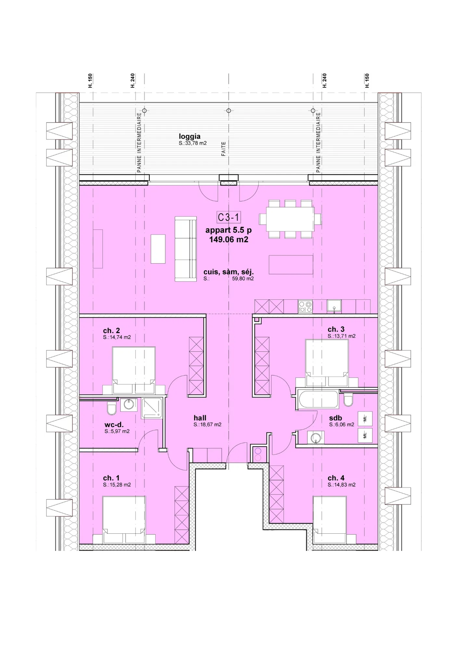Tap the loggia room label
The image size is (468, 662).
pyautogui.click(x=189, y=136)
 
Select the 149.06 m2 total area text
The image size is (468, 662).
pyautogui.click(x=229, y=240)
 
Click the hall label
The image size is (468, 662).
pyautogui.click(x=200, y=418)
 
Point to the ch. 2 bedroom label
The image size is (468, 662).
pyautogui.click(x=111, y=331)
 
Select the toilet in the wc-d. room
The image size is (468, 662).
pyautogui.click(x=111, y=408)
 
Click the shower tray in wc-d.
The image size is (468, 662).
pyautogui.click(x=151, y=408)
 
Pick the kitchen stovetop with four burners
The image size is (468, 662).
pyautogui.click(x=305, y=307)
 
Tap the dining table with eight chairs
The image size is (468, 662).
pyautogui.click(x=290, y=219)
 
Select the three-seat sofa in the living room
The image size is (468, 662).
pyautogui.click(x=186, y=249)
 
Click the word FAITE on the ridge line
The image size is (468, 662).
pyautogui.click(x=224, y=149)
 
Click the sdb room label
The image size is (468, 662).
pyautogui.click(x=335, y=418)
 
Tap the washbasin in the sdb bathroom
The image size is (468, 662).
pyautogui.click(x=315, y=437)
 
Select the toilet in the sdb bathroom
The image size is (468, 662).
pyautogui.click(x=348, y=400)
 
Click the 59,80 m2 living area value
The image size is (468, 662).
pyautogui.click(x=243, y=279)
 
